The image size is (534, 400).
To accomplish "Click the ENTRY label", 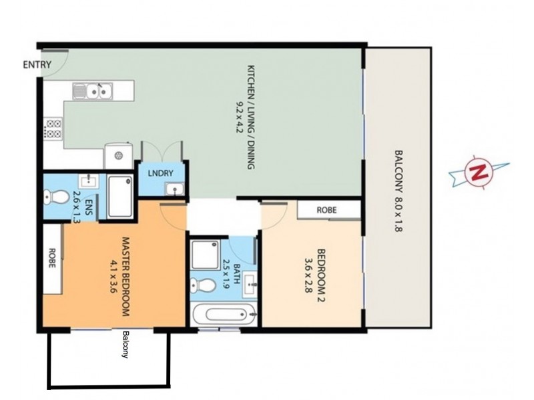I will [36, 65].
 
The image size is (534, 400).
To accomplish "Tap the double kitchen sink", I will [94, 90].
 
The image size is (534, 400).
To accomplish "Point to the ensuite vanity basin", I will [87, 181].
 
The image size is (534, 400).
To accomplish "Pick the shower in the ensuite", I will [119, 196].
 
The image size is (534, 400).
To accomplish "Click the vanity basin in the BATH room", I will [250, 284].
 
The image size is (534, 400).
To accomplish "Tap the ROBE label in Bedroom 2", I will [326, 210].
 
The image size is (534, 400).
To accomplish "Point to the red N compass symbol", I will [477, 171].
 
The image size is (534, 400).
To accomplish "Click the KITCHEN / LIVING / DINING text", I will [251, 117].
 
